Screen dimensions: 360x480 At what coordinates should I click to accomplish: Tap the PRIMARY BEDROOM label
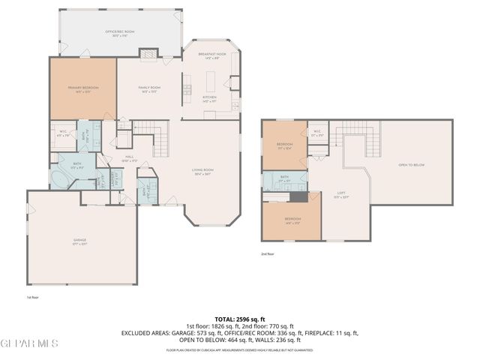coord(83,89)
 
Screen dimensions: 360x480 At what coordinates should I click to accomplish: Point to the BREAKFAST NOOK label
coord(212,55)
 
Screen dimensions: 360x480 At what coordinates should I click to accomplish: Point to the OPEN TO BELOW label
coord(412,165)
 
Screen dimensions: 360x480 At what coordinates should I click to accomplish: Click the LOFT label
coord(340,195)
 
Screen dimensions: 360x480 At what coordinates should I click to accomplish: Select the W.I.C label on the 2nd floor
coord(317,133)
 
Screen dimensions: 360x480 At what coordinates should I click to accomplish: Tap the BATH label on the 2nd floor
coord(284,178)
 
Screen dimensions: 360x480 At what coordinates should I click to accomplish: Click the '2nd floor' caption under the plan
coord(268,254)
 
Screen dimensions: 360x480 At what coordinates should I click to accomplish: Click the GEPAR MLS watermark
coord(29,344)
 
